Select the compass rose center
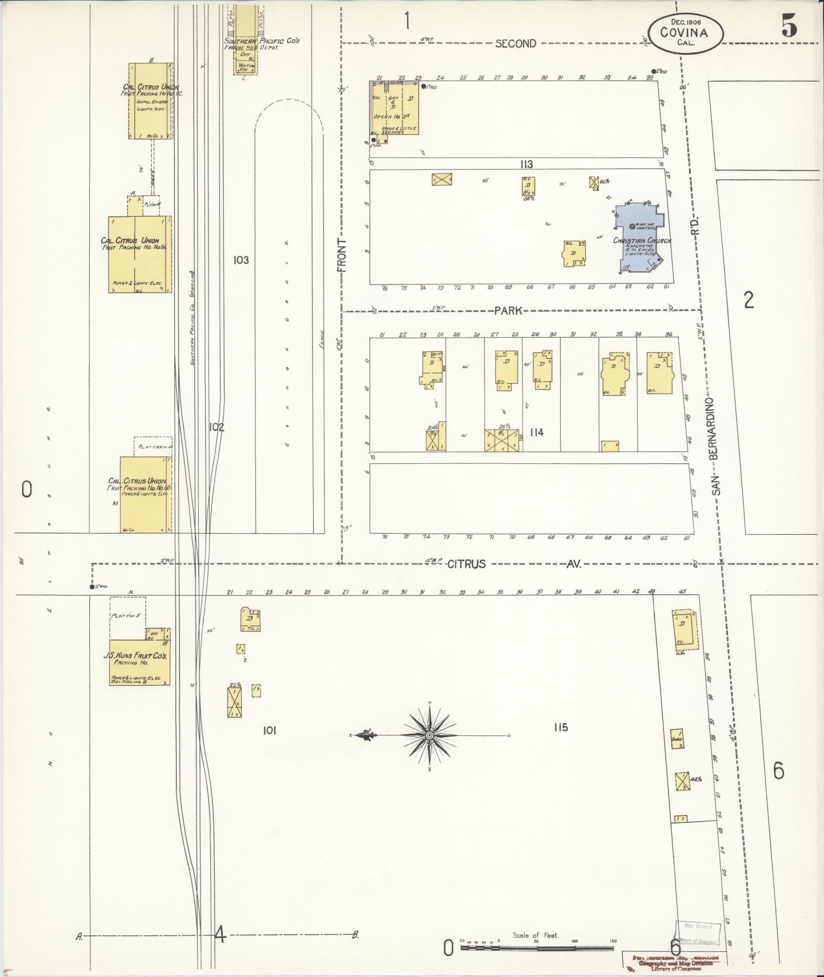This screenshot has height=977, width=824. coord(430,735)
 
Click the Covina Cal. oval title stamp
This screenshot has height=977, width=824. coord(685,32)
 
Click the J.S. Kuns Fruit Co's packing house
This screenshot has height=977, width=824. coord(139,661)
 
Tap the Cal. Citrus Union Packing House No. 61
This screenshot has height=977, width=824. coord(139,254)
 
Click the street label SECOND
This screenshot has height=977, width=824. coord(515,44)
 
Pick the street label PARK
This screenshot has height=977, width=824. coord(508,311)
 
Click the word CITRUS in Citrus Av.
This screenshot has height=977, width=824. coord(466,564)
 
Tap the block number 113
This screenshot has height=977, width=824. coord(526,164)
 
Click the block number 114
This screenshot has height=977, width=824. coord(536,433)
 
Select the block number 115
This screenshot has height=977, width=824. coord(560,727)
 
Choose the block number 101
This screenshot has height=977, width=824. coord(269,731)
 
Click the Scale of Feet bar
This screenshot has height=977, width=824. coord(536,948)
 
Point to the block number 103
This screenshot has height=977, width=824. coord(241,260)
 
